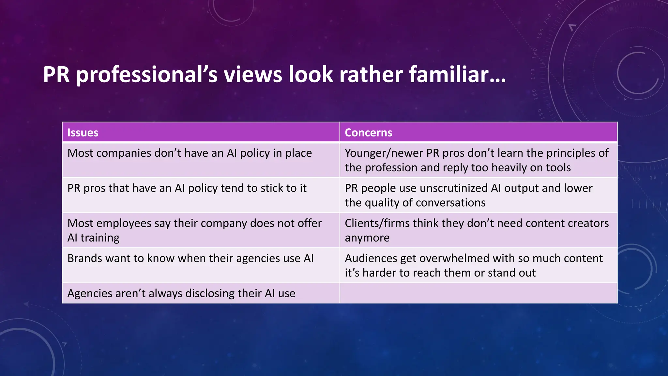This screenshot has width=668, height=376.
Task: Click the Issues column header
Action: (x=83, y=133)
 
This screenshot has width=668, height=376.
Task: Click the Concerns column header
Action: (x=368, y=133)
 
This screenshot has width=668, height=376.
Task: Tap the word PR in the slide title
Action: (x=56, y=74)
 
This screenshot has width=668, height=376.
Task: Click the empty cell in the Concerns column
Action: (x=478, y=293)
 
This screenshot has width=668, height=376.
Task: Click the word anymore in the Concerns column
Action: (x=367, y=238)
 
